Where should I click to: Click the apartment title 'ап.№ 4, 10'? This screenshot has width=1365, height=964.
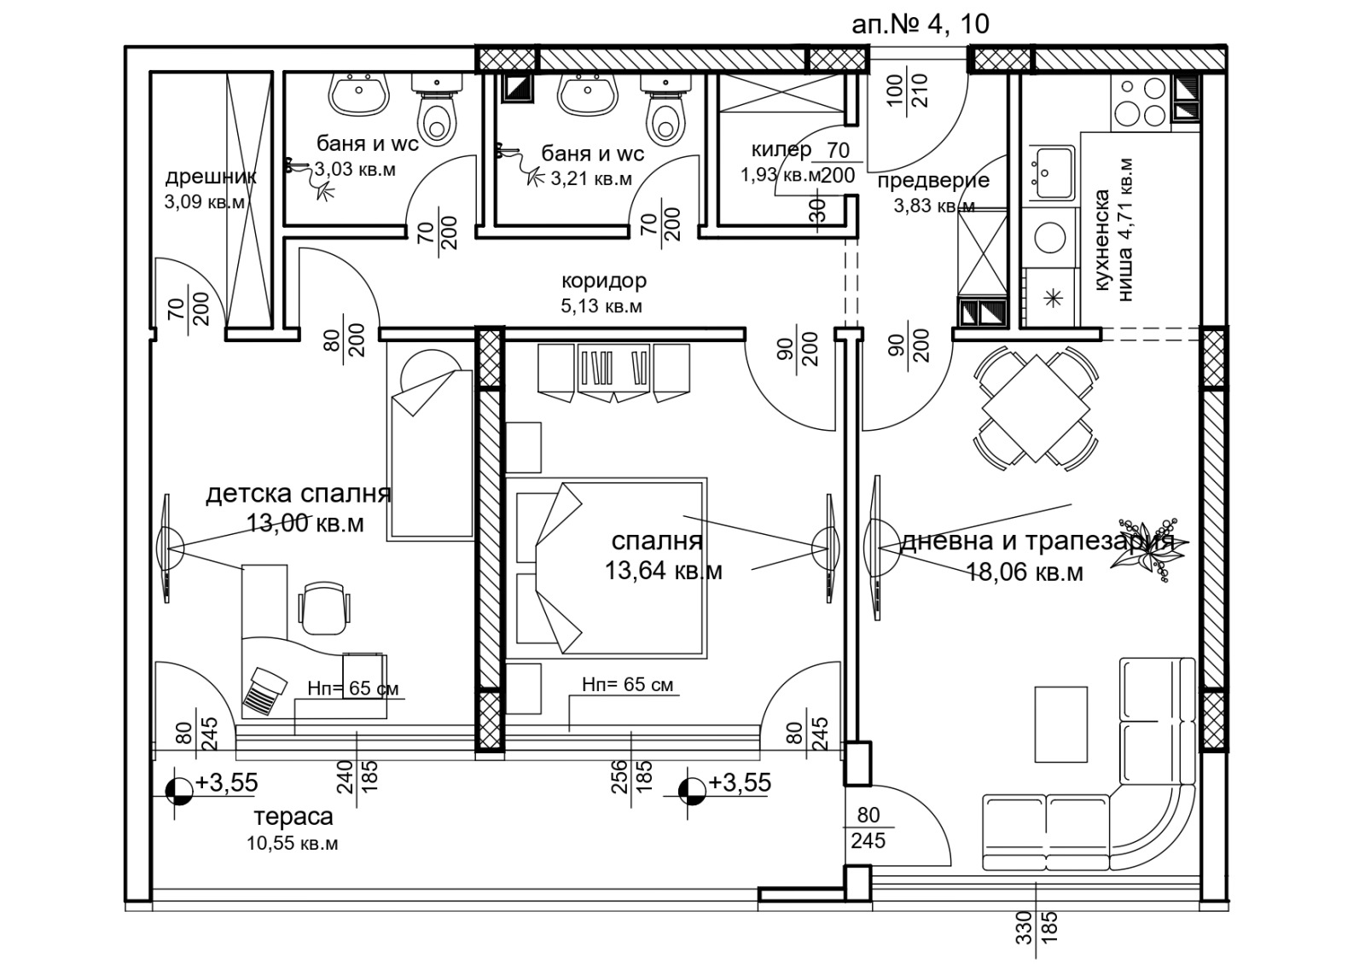[921, 25]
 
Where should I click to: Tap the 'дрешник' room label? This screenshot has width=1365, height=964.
[211, 177]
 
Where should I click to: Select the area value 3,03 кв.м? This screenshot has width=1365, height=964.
[355, 169]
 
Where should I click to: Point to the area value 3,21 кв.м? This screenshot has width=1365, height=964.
[591, 178]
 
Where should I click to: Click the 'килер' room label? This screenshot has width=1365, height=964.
[781, 149]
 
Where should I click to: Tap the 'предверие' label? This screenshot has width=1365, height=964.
[933, 181]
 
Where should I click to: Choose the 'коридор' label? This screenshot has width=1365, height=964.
[604, 281]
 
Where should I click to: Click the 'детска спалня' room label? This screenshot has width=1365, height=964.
[298, 494]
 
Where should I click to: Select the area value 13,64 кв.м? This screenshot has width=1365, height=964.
[664, 571]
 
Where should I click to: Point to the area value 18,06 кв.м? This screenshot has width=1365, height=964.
[1025, 572]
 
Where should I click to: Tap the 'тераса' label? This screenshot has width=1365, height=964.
[293, 816]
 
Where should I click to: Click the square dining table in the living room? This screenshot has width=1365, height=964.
[1036, 409]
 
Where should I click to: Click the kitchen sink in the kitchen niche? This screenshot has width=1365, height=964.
[1052, 172]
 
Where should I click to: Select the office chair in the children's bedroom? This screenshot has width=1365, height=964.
[324, 608]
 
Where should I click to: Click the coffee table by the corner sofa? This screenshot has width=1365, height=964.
[1061, 724]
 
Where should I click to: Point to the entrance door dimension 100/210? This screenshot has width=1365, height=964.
[908, 90]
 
